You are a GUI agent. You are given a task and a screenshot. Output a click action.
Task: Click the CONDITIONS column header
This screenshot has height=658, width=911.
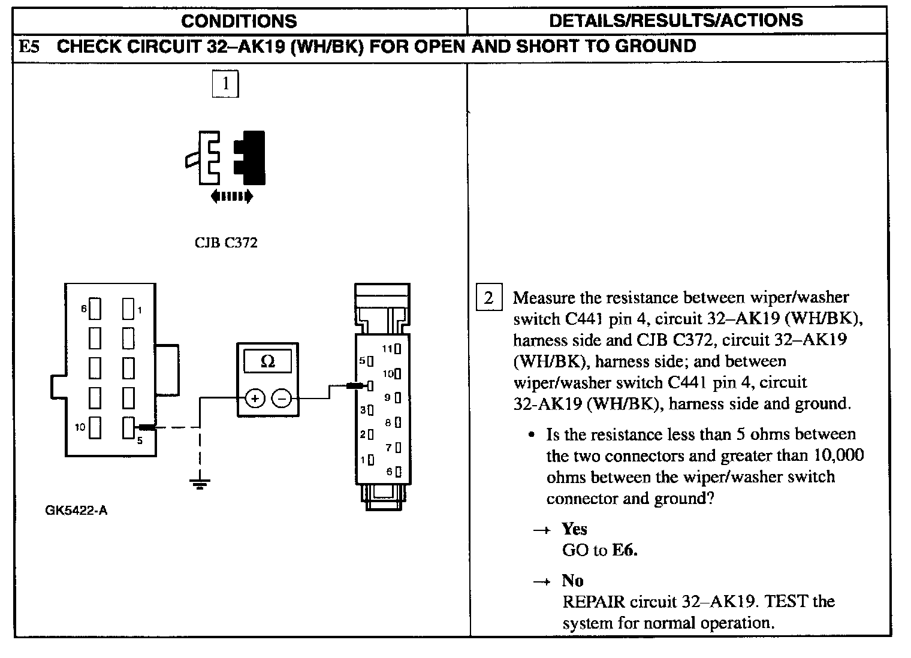[239, 21]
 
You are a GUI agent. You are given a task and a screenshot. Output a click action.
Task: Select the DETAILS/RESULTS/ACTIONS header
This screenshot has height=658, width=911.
[675, 20]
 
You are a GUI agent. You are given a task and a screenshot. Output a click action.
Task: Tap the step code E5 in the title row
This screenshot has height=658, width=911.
[29, 47]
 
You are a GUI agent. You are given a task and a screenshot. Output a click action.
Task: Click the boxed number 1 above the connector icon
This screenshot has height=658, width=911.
[225, 84]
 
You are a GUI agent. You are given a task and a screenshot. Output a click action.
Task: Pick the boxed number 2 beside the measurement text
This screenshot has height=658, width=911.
[488, 298]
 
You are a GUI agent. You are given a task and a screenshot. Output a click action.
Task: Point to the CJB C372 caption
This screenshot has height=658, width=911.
[226, 243]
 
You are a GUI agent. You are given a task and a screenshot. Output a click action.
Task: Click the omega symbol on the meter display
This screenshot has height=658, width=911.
[268, 361]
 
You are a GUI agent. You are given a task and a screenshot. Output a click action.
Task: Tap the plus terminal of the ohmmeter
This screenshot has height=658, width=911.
[255, 398]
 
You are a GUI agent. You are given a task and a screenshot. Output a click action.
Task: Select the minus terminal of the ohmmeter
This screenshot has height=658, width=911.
[282, 398]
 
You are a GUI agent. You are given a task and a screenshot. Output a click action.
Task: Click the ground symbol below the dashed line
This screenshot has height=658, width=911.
[200, 483]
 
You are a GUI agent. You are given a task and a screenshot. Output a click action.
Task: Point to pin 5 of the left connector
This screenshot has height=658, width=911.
[128, 427]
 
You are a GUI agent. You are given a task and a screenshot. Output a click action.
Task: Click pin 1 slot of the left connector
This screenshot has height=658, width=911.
[128, 309]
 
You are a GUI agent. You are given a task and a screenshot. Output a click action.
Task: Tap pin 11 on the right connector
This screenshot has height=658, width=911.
[397, 348]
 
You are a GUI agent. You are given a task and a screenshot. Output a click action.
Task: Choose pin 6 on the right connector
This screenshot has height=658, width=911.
[397, 472]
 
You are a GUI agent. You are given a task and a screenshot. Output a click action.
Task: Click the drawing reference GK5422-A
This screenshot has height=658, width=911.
[76, 511]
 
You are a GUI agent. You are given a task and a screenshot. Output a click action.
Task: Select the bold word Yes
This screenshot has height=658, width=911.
[574, 529]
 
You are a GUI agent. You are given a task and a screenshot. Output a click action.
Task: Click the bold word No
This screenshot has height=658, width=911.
[572, 580]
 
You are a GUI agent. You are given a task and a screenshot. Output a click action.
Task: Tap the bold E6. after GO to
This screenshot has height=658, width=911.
[625, 550]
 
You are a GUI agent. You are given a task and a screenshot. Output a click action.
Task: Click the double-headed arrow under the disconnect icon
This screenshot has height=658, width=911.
[232, 196]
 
